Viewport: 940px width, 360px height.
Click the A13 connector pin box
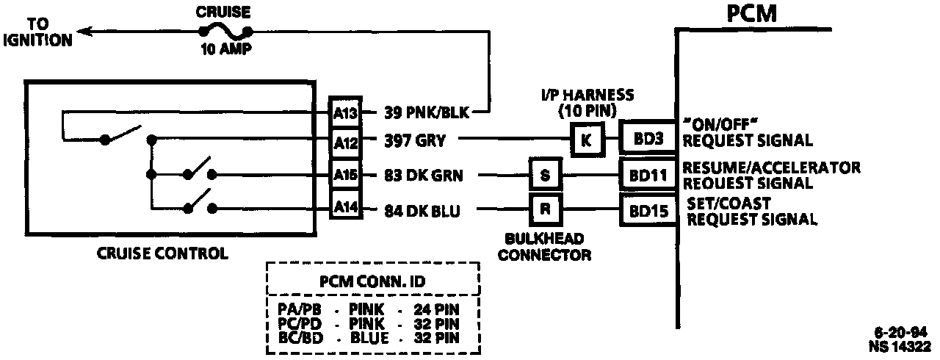coord(344,112)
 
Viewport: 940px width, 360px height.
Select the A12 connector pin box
coord(344,140)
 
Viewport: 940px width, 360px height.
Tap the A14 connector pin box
coord(344,209)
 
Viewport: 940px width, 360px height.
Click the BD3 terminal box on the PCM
coord(647,138)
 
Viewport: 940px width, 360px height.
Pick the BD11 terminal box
coord(647,176)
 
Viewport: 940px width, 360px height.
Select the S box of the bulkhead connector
coord(545,176)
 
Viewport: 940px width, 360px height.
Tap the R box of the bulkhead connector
coord(545,209)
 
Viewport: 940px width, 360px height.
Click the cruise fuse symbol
coord(225,32)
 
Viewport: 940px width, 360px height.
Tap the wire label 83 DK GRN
coord(424,175)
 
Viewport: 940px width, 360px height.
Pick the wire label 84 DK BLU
coord(422,212)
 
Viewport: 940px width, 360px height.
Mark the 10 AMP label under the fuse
coord(225,51)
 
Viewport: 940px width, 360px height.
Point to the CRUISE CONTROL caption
coord(162,253)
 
